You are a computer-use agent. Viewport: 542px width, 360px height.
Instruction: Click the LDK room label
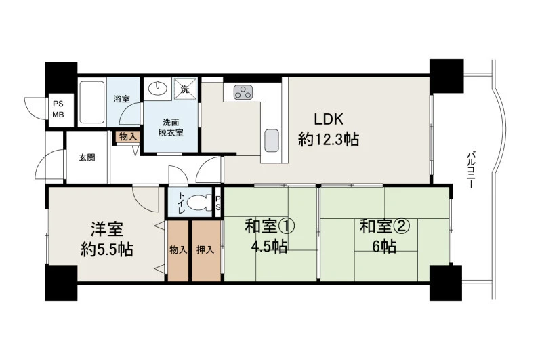tap(329, 119)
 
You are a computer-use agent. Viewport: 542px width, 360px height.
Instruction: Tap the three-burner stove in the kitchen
tap(243, 92)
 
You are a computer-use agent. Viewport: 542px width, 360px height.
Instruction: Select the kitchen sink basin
tap(272, 140)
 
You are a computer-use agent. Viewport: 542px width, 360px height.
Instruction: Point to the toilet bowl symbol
tap(201, 203)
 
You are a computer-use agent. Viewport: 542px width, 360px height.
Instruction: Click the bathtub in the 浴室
tap(91, 102)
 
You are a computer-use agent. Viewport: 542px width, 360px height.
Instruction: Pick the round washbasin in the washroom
tap(158, 88)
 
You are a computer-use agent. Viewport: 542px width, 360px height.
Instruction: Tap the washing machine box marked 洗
tap(185, 89)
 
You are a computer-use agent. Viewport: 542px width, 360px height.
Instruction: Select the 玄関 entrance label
tap(87, 158)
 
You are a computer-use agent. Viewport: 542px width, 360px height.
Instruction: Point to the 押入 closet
tap(207, 250)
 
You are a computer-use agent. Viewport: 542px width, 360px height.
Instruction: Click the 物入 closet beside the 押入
tap(178, 250)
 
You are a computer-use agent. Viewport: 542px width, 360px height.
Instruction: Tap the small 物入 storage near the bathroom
tap(127, 136)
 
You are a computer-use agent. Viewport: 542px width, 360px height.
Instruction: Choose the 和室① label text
tap(270, 226)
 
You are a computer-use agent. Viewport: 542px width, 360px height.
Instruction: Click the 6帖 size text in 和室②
tap(384, 246)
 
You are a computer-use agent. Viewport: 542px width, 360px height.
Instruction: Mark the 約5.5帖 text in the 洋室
tap(107, 249)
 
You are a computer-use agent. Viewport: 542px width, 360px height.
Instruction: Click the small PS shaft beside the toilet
tap(217, 203)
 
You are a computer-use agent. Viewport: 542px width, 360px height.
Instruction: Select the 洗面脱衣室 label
tap(171, 127)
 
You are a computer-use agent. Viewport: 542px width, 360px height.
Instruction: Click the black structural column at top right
tap(446, 76)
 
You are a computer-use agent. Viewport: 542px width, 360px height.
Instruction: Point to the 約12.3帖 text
tap(329, 140)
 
